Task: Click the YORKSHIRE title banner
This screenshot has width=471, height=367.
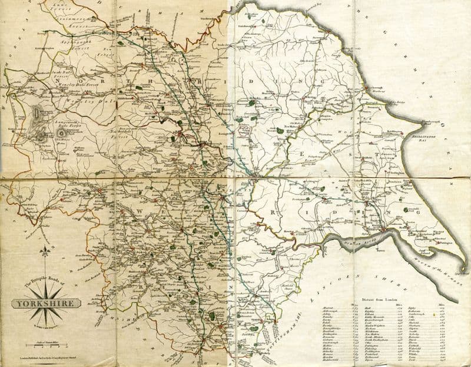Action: (46, 304)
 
